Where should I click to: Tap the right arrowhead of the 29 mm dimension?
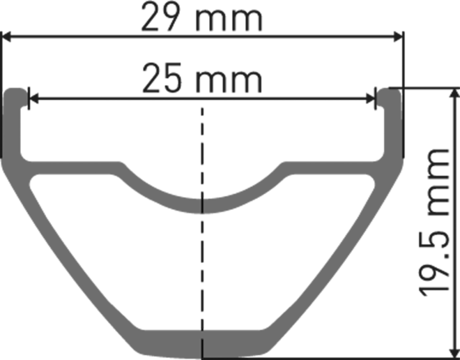click(398, 37)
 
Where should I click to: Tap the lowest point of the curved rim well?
click(201, 206)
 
